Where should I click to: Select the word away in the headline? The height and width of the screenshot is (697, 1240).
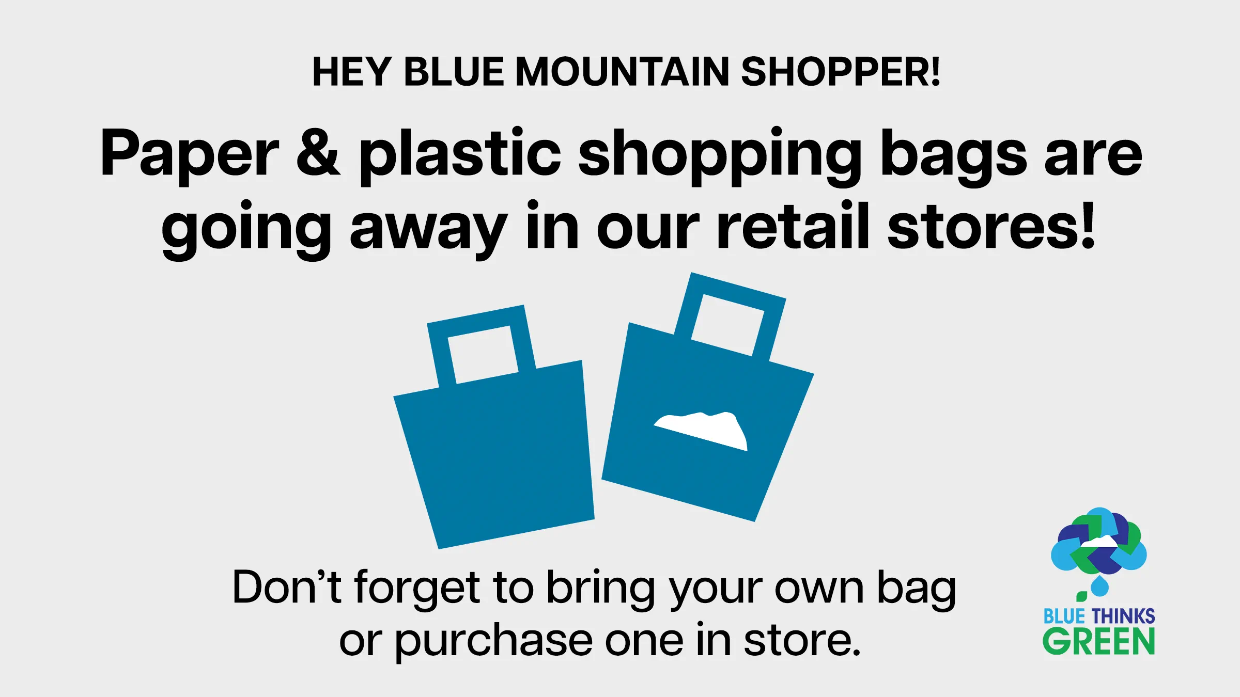click(428, 233)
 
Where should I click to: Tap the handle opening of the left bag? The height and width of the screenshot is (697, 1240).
click(483, 355)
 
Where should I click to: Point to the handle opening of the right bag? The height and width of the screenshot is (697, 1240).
click(727, 325)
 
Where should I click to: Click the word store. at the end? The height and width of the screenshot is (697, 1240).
click(802, 640)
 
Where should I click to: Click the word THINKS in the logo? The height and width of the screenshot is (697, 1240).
click(1123, 616)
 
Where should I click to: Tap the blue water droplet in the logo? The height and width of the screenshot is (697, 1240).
click(1099, 586)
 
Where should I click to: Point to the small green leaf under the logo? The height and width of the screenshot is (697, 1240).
click(1081, 596)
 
